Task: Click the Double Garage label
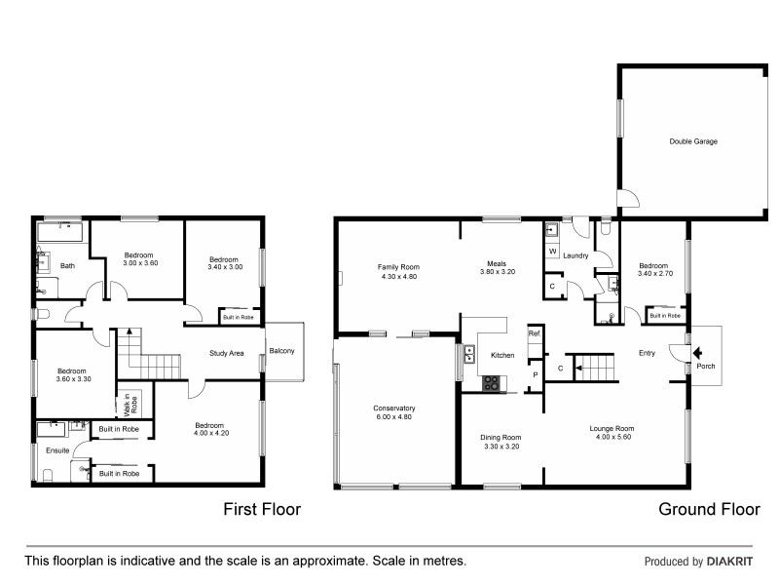pyautogui.click(x=692, y=141)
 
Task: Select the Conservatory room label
pyautogui.click(x=394, y=409)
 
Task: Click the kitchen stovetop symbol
pyautogui.click(x=493, y=382)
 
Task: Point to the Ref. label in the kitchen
pyautogui.click(x=534, y=334)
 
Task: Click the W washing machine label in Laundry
pyautogui.click(x=551, y=253)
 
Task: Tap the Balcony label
pyautogui.click(x=282, y=351)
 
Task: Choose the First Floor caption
pyautogui.click(x=262, y=509)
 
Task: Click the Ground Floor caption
pyautogui.click(x=708, y=509)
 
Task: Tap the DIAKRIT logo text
pyautogui.click(x=735, y=562)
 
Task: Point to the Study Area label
pyautogui.click(x=226, y=353)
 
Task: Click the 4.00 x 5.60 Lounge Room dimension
pyautogui.click(x=612, y=438)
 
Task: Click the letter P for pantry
pyautogui.click(x=535, y=373)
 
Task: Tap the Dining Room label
pyautogui.click(x=501, y=438)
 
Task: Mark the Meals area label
pyautogui.click(x=497, y=263)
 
